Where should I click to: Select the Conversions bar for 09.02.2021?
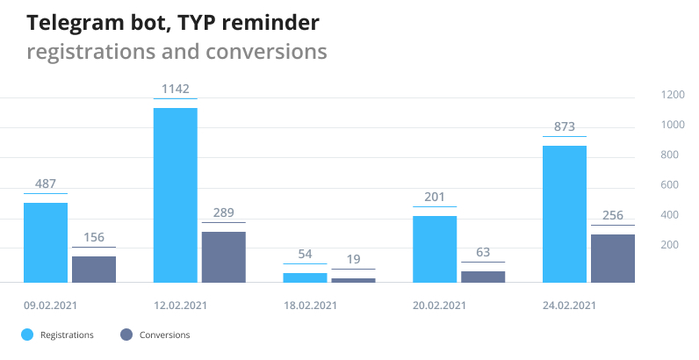[94, 269]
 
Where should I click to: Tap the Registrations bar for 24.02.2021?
[565, 213]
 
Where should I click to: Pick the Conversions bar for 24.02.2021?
[613, 258]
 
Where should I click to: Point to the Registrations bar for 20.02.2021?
[435, 248]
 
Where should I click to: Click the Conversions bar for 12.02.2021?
[223, 256]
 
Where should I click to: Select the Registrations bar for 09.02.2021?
[46, 242]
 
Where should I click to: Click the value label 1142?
[176, 89]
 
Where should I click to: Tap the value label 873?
[565, 127]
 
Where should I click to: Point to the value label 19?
[353, 259]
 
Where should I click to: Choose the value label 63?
[483, 253]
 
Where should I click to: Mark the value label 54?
[305, 254]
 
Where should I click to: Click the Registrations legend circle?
[27, 335]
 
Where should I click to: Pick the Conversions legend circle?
[126, 335]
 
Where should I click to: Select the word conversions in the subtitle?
[266, 52]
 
